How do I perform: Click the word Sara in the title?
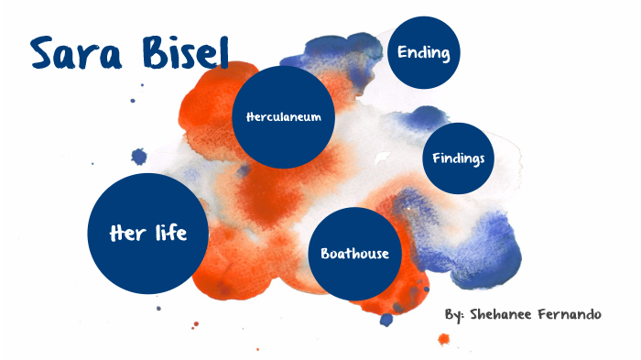(x=76, y=55)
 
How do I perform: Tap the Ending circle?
(x=423, y=53)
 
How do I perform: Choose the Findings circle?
(x=458, y=158)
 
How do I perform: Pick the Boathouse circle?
(x=355, y=254)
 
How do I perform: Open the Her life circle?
(x=147, y=234)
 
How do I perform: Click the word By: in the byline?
(x=455, y=315)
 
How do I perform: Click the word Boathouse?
(x=355, y=254)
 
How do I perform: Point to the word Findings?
(x=458, y=158)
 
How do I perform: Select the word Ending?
(x=423, y=53)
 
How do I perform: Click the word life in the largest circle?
(x=166, y=234)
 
